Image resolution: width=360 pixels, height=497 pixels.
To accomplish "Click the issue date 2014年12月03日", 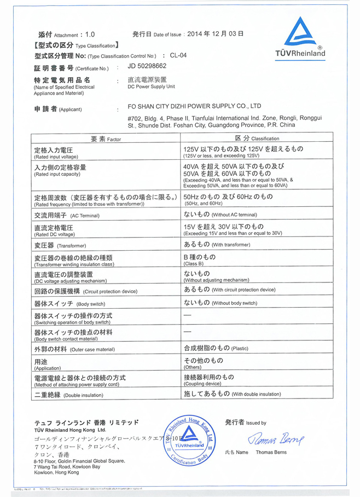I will pos(215,33).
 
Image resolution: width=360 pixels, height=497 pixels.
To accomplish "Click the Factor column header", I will pos(106,138).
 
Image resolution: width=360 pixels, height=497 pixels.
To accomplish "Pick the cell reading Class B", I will pos(199,260).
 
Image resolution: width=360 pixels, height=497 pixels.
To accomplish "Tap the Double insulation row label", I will pos(68,394).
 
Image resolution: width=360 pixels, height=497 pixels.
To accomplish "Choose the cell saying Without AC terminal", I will pos(220,215).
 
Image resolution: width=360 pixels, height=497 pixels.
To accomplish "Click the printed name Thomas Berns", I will pos(272,453).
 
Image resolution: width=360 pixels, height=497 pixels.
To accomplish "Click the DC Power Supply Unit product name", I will pos(151,83).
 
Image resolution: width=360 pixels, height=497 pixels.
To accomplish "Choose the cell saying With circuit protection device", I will pos(229,290).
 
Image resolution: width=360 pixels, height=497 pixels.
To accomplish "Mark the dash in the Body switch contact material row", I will pos(187,332).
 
